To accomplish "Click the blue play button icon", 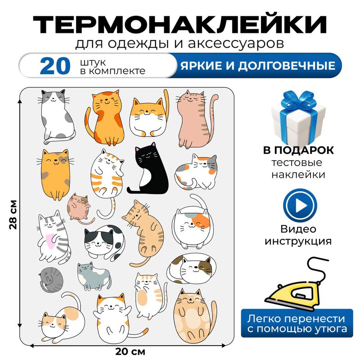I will pos(297,207).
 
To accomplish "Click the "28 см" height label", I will pos(13,214).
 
